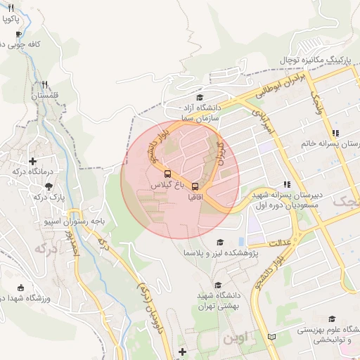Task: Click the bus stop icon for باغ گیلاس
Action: pos(167,173)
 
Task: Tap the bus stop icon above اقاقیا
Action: pos(195,186)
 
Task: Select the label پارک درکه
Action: pos(49,197)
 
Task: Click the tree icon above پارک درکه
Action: pos(49,186)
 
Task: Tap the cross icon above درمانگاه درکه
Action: pos(32,160)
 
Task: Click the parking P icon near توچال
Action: pos(346,61)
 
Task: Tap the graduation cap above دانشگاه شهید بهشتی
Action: pos(218,285)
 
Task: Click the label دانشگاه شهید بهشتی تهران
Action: pos(216,301)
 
